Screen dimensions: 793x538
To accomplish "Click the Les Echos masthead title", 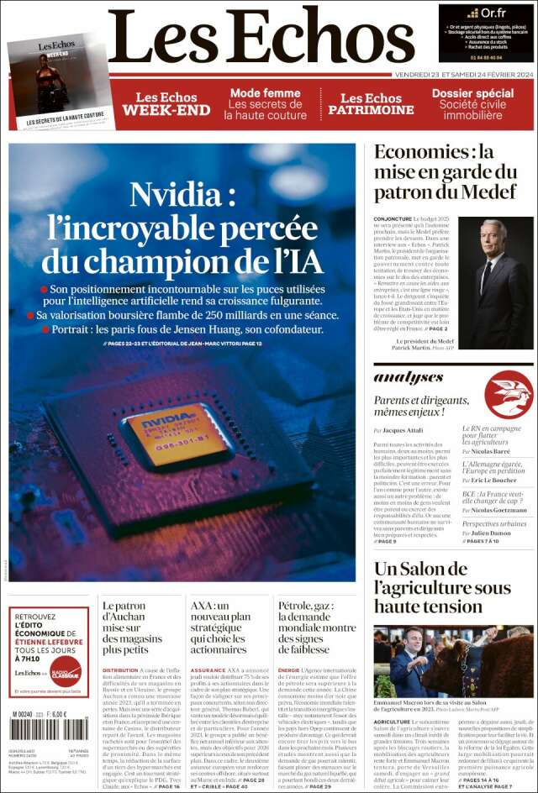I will pyautogui.click(x=261, y=38).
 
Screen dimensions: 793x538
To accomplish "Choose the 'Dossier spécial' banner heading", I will pyautogui.click(x=472, y=93).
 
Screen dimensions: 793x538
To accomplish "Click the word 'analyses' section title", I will pyautogui.click(x=409, y=378).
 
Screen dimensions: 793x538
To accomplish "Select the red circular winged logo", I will pyautogui.click(x=509, y=393).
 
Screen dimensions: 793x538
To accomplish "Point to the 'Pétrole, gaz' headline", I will pyautogui.click(x=315, y=627).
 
